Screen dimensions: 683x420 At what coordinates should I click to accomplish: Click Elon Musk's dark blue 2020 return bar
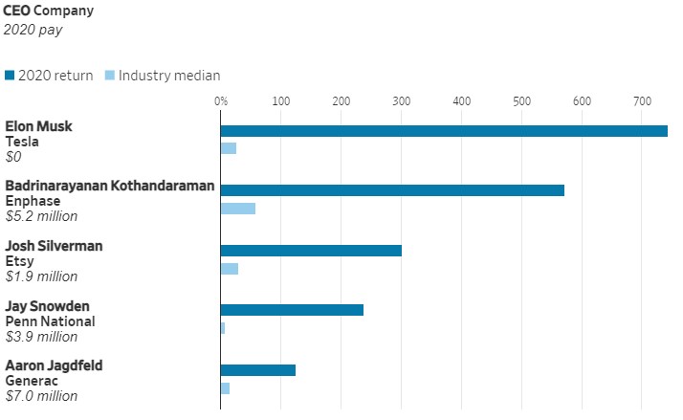click(x=444, y=131)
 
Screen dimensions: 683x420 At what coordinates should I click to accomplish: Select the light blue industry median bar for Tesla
click(x=229, y=148)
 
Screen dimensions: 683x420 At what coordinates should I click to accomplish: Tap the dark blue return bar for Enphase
click(x=392, y=190)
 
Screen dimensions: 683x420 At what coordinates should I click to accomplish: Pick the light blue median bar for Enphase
click(x=238, y=209)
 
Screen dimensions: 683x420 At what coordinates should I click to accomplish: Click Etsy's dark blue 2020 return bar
click(x=311, y=251)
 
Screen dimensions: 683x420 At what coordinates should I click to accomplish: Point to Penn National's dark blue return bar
click(x=292, y=310)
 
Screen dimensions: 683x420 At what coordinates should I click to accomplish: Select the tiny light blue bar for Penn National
click(x=223, y=328)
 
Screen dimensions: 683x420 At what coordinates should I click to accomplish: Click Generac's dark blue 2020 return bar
click(x=258, y=370)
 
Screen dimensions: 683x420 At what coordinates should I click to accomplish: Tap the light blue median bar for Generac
click(x=225, y=388)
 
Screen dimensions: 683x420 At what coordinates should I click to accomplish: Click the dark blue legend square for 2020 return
click(x=10, y=76)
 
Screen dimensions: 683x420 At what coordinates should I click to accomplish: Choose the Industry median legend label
click(x=169, y=76)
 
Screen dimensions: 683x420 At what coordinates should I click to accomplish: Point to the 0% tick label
click(x=221, y=101)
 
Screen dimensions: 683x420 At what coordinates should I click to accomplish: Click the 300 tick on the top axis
click(x=401, y=101)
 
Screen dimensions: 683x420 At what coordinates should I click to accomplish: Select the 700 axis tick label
click(x=642, y=101)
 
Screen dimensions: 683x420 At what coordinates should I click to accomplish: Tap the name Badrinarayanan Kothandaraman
click(x=110, y=186)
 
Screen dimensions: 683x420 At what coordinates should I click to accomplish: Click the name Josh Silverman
click(x=54, y=246)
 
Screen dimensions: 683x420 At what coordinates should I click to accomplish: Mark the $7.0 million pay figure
click(x=41, y=396)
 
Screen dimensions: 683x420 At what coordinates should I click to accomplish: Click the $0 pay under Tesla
click(x=13, y=157)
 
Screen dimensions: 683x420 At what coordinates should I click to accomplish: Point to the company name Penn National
click(x=50, y=321)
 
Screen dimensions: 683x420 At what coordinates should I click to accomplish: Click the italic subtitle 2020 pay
click(x=33, y=30)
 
